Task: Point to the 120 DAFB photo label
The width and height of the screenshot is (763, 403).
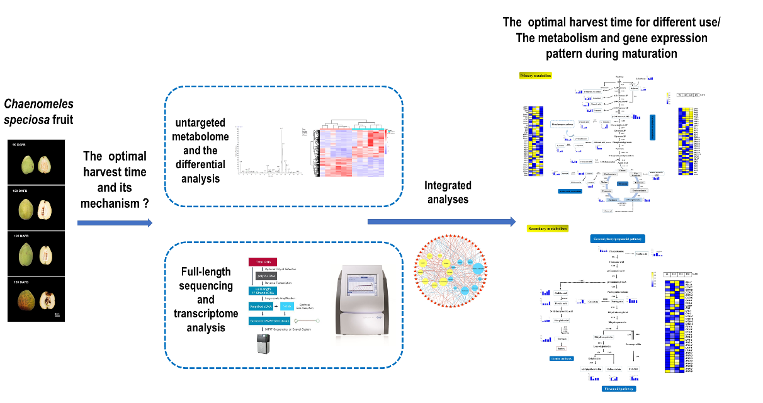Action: coord(23,190)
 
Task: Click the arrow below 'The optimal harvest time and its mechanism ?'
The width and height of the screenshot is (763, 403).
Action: coord(114,223)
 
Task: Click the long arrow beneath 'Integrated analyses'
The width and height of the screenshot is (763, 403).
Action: coord(441,222)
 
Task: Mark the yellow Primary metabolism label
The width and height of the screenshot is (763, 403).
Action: coord(536,76)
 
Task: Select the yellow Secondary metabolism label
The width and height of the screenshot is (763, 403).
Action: coord(547,228)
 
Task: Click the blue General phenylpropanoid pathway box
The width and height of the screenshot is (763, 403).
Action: coord(620,239)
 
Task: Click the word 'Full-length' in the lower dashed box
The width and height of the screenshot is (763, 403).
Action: coord(198,272)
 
